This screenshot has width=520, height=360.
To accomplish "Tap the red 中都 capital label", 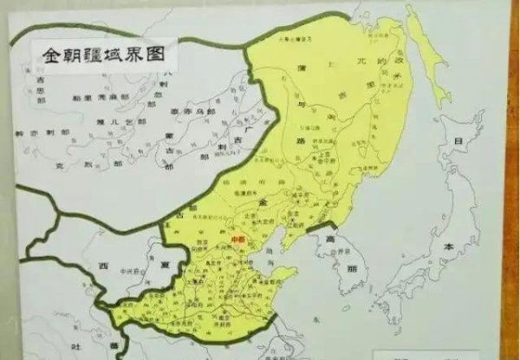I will pyautogui.click(x=238, y=233).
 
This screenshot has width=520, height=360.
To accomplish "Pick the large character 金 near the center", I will pyautogui.click(x=260, y=202).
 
